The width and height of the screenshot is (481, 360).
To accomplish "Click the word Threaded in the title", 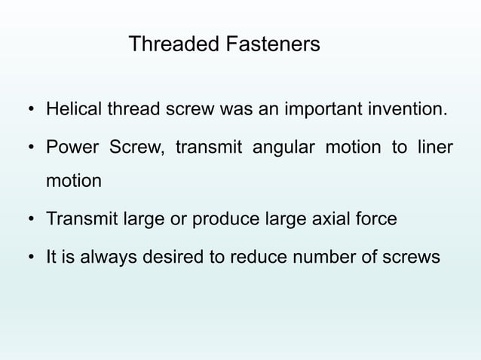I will tap(170, 44).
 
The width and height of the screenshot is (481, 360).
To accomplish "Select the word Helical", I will tap(73, 111).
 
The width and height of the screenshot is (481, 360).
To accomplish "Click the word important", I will tap(322, 111).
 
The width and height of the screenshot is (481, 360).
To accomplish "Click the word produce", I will tap(226, 220).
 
